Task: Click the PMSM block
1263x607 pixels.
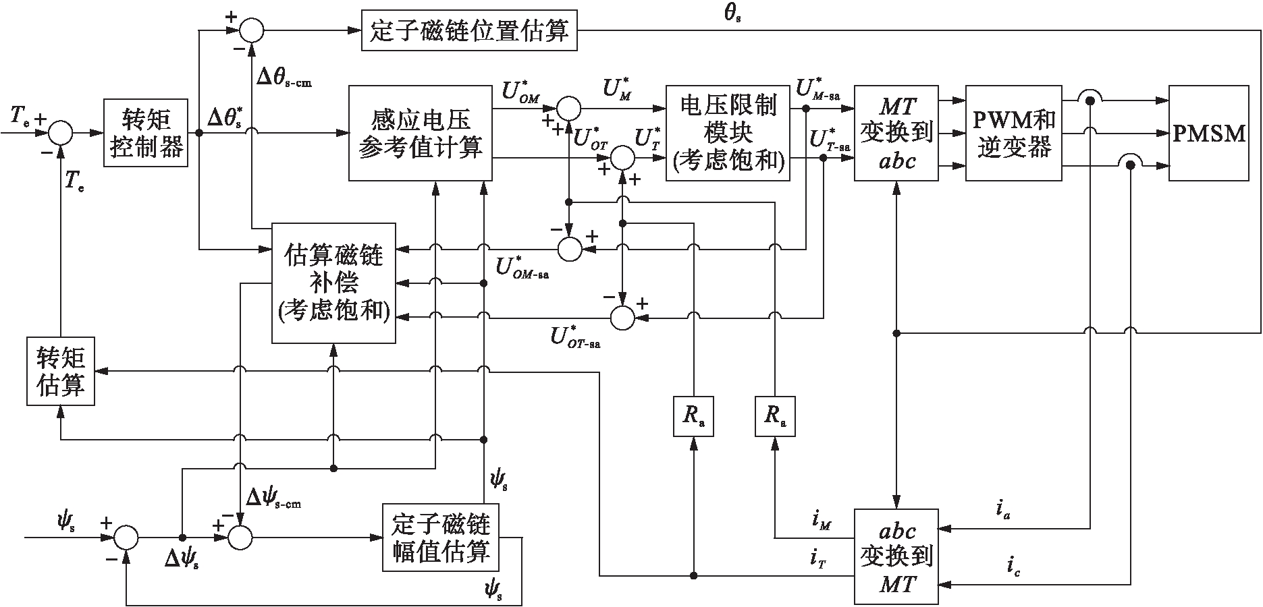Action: tap(1208, 133)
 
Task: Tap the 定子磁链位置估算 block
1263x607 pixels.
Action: tap(469, 30)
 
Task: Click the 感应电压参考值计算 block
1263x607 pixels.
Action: tap(420, 133)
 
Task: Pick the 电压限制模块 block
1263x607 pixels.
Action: tap(728, 133)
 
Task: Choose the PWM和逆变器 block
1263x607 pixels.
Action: tap(1014, 133)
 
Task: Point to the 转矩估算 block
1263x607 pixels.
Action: tap(61, 370)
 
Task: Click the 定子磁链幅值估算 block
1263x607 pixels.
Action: tap(441, 537)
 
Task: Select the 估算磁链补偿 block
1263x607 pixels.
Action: tap(333, 282)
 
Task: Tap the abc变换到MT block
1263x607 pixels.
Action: tap(896, 556)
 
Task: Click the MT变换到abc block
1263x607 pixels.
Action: tap(896, 133)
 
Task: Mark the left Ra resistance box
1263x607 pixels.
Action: tap(693, 416)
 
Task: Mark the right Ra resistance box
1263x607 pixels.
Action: tap(774, 416)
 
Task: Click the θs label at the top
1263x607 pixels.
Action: tap(732, 13)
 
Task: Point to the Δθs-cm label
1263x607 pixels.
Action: tap(284, 76)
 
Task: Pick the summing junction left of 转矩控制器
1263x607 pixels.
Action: tap(61, 133)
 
